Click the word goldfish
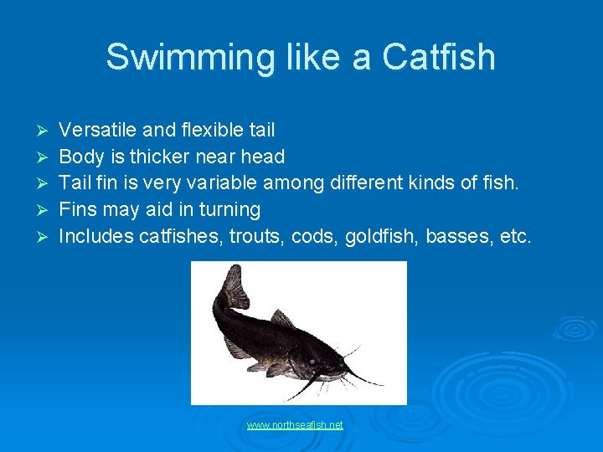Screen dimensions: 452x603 375,236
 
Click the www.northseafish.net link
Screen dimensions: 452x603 295,425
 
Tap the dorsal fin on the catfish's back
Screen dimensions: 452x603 281,319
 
